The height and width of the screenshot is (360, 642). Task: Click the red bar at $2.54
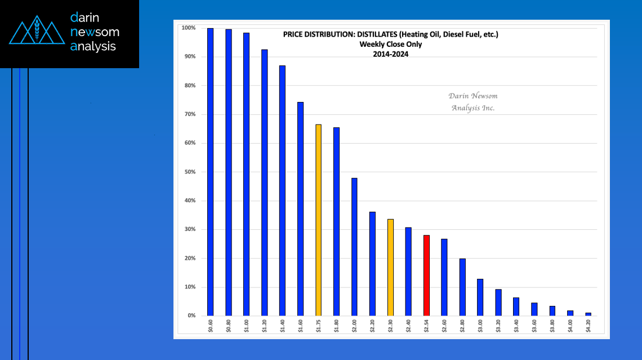(x=426, y=275)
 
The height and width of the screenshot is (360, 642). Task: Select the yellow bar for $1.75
(x=318, y=220)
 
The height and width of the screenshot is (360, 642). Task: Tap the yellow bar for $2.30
(x=390, y=268)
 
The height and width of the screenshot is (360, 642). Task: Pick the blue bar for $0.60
(x=210, y=172)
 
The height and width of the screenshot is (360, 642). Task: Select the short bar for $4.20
(x=588, y=314)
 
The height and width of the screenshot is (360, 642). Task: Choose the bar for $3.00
(x=480, y=297)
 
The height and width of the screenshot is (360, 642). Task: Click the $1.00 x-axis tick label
(x=247, y=326)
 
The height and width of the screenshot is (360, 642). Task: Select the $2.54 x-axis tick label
(x=427, y=326)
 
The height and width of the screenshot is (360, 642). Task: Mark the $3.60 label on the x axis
(x=534, y=326)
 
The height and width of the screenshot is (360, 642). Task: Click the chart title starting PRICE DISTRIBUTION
(x=390, y=35)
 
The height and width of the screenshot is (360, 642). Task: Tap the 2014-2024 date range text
(x=390, y=54)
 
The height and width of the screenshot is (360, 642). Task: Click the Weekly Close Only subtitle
(x=390, y=45)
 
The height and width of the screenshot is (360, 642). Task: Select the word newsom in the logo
(x=95, y=32)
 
